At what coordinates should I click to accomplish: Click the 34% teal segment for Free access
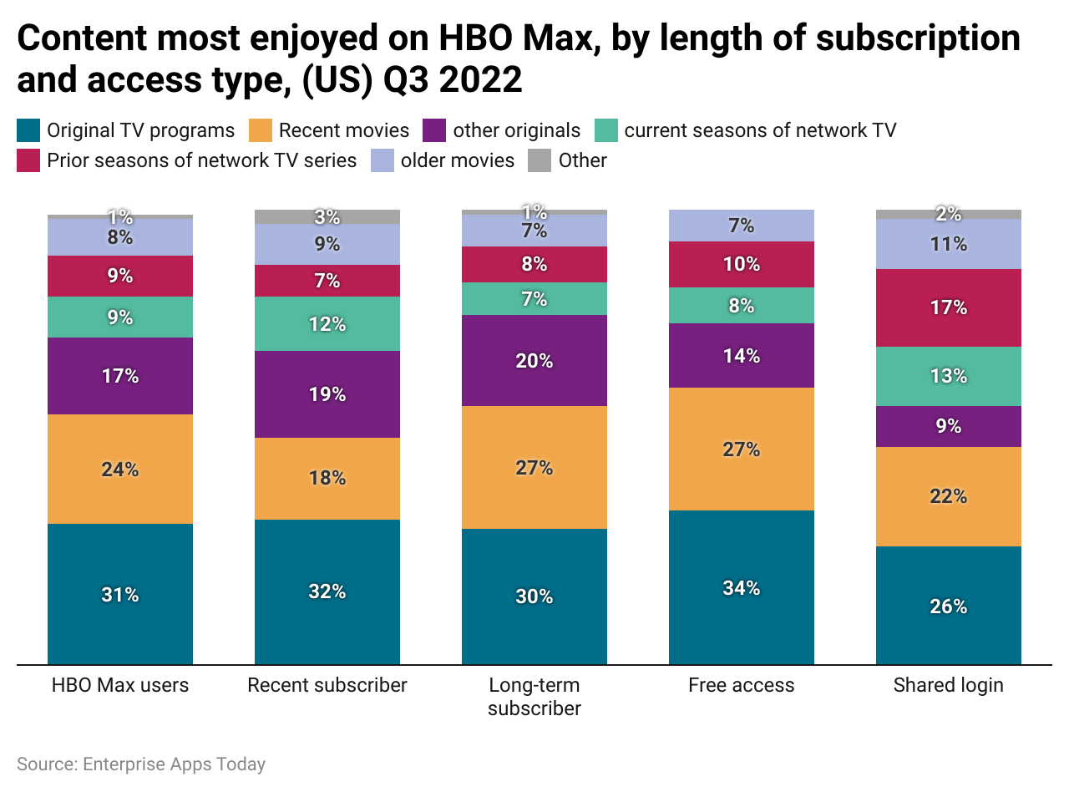(741, 587)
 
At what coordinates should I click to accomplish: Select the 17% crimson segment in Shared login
(948, 307)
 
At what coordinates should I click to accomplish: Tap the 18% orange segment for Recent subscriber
(327, 478)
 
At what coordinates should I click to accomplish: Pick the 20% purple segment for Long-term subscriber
(534, 360)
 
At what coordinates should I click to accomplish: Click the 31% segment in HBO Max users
(120, 594)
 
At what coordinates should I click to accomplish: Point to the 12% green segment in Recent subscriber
(327, 323)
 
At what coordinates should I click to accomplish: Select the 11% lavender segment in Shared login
(948, 243)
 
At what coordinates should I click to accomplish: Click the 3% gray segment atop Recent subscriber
(327, 216)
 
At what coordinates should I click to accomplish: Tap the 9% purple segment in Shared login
(948, 426)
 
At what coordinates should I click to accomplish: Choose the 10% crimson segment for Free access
(741, 264)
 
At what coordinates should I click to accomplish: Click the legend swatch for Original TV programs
(28, 130)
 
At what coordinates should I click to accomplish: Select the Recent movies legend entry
(343, 130)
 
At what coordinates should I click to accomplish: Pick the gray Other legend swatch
(540, 160)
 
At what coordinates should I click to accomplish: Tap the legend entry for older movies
(457, 160)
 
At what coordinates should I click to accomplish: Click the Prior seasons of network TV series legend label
(201, 160)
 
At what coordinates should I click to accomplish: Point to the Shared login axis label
(948, 686)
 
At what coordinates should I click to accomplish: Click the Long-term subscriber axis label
(534, 697)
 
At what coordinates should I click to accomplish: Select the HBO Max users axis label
(120, 686)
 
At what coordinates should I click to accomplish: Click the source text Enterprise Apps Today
(173, 764)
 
